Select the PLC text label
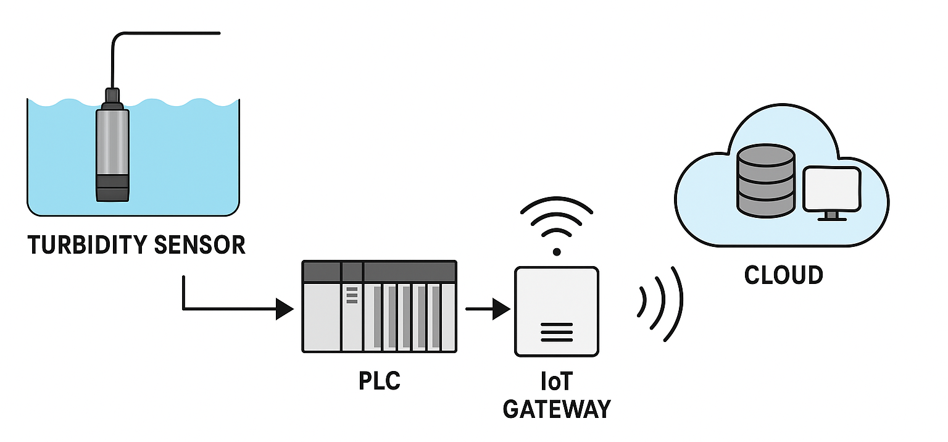[380, 380]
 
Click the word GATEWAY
[557, 409]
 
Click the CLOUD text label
[784, 275]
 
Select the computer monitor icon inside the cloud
[831, 186]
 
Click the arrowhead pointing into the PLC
[285, 309]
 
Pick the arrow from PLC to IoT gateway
[488, 309]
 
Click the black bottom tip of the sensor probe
[112, 188]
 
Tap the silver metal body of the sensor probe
[112, 142]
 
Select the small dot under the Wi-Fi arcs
[557, 251]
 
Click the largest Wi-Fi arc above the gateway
[557, 204]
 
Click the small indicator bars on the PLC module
[352, 295]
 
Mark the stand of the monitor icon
[831, 216]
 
